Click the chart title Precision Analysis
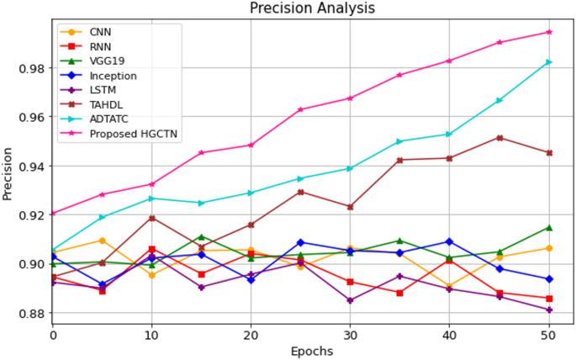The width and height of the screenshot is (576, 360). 312,8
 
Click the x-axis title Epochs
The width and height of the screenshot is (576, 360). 312,351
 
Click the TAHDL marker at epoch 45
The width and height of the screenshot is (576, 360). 499,138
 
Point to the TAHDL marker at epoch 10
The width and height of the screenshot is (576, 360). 151,218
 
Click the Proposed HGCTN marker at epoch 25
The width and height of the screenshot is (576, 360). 300,109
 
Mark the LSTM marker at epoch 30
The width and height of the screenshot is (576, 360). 350,300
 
